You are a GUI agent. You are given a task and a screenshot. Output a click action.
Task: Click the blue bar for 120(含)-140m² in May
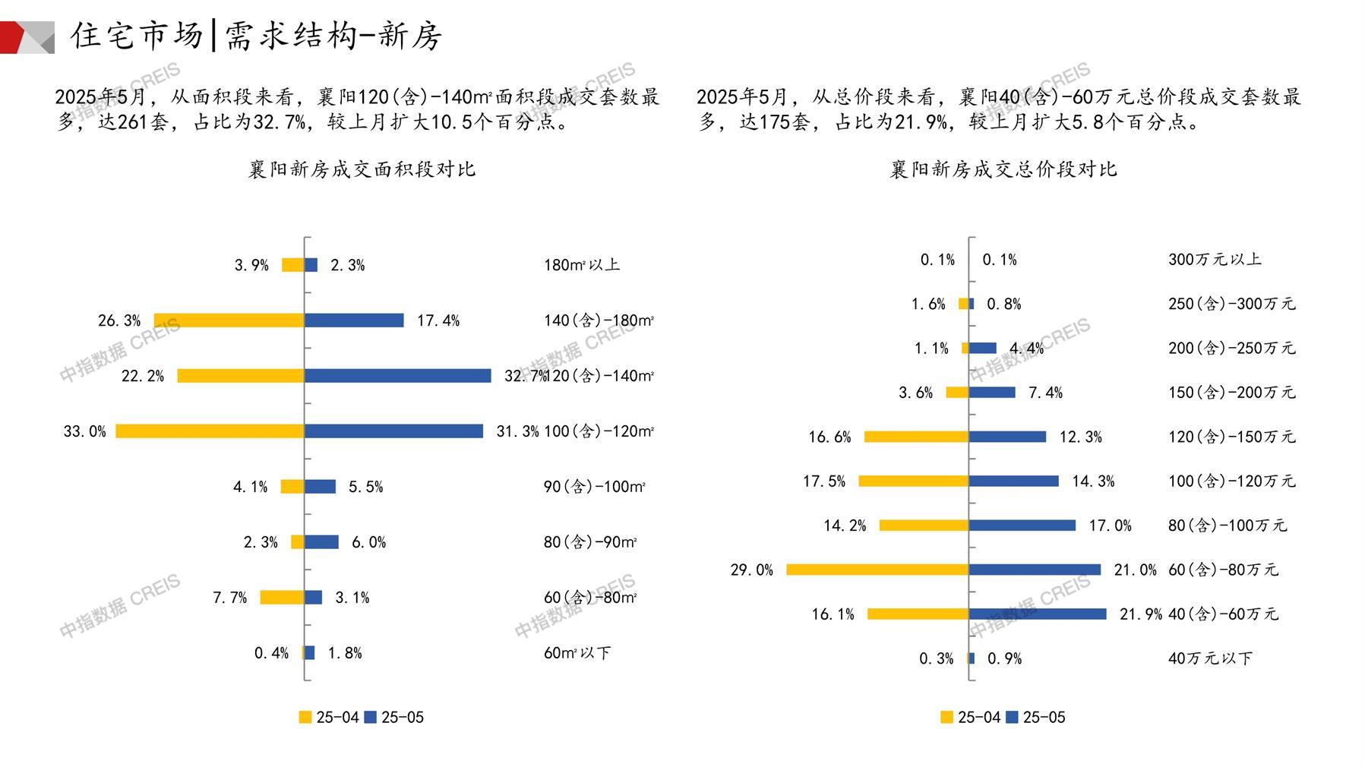[x=397, y=376]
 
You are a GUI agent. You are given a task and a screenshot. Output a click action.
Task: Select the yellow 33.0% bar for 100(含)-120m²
[x=210, y=431]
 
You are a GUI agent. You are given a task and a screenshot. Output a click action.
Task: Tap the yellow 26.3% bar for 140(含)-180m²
[x=229, y=320]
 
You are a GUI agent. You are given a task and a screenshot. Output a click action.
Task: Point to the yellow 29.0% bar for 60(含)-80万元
[x=877, y=570]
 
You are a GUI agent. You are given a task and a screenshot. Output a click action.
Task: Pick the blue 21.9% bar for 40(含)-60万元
[x=1038, y=614]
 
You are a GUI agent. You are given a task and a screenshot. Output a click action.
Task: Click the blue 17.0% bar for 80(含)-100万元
[x=1022, y=526]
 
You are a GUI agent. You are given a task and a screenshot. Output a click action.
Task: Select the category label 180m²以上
[x=582, y=265]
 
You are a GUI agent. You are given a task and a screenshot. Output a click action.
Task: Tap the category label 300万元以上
[x=1215, y=260]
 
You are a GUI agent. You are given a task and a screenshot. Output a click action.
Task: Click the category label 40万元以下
[x=1210, y=658]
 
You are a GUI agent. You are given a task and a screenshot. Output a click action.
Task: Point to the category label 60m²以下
[x=577, y=653]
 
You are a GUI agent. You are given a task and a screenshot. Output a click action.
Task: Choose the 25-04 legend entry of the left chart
[x=329, y=717]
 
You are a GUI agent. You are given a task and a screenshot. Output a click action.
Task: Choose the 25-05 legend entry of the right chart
[x=1036, y=717]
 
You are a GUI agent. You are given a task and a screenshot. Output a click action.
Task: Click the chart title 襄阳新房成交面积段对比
[x=362, y=169]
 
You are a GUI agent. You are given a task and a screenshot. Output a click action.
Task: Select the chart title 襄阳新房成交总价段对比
[x=1003, y=169]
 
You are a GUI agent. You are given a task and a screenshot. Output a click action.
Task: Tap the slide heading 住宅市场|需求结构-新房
[x=256, y=36]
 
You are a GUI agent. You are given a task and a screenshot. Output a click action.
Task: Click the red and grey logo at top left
[x=27, y=37]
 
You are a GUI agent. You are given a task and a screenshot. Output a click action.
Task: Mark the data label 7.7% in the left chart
[x=229, y=598]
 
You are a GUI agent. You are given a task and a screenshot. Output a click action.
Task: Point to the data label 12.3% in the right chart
[x=1080, y=437]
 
